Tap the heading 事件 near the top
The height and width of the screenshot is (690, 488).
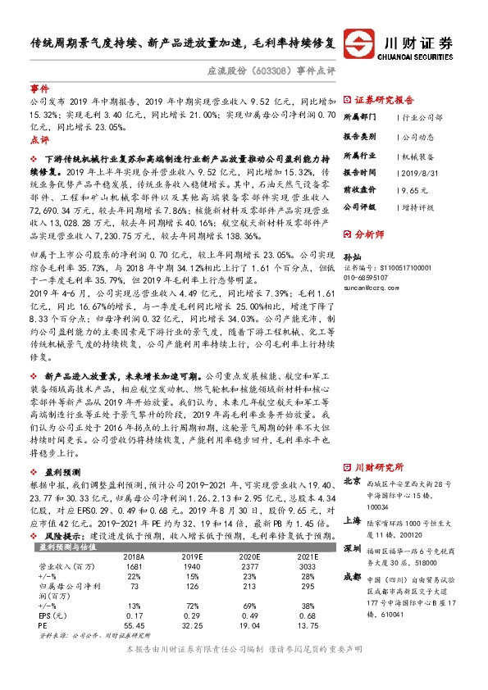pyautogui.click(x=39, y=88)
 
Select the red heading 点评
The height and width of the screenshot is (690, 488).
pyautogui.click(x=39, y=140)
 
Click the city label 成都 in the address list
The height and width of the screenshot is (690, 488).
pyautogui.click(x=352, y=575)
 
